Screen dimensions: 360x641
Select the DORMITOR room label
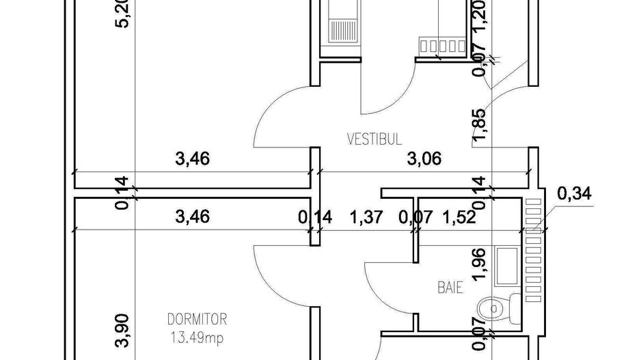[197, 319]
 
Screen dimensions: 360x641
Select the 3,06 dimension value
[424, 160]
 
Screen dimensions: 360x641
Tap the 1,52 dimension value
[459, 218]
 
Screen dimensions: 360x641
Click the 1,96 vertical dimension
[480, 267]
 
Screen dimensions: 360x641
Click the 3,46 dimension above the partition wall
[192, 160]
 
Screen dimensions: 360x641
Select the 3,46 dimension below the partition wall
[192, 218]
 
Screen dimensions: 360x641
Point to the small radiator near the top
[441, 46]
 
